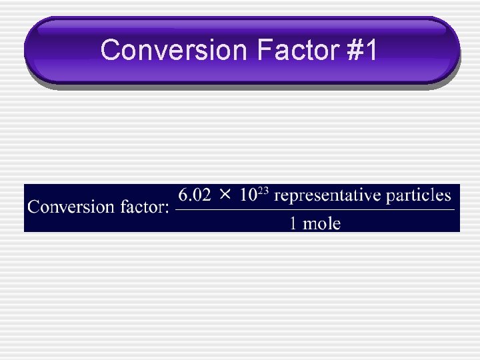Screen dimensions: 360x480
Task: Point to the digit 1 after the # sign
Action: click(x=371, y=50)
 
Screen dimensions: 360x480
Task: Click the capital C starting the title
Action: click(x=111, y=50)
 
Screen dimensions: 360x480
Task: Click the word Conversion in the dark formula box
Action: click(x=71, y=207)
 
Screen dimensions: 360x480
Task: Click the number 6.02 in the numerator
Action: click(x=195, y=195)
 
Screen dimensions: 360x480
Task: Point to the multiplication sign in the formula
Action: click(x=225, y=195)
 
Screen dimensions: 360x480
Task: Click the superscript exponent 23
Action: click(x=263, y=191)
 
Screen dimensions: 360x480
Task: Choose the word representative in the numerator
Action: click(x=327, y=196)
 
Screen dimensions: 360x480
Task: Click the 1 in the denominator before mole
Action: click(x=293, y=223)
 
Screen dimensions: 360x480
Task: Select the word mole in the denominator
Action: click(x=321, y=223)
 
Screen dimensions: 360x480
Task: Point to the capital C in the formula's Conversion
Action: click(x=33, y=207)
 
